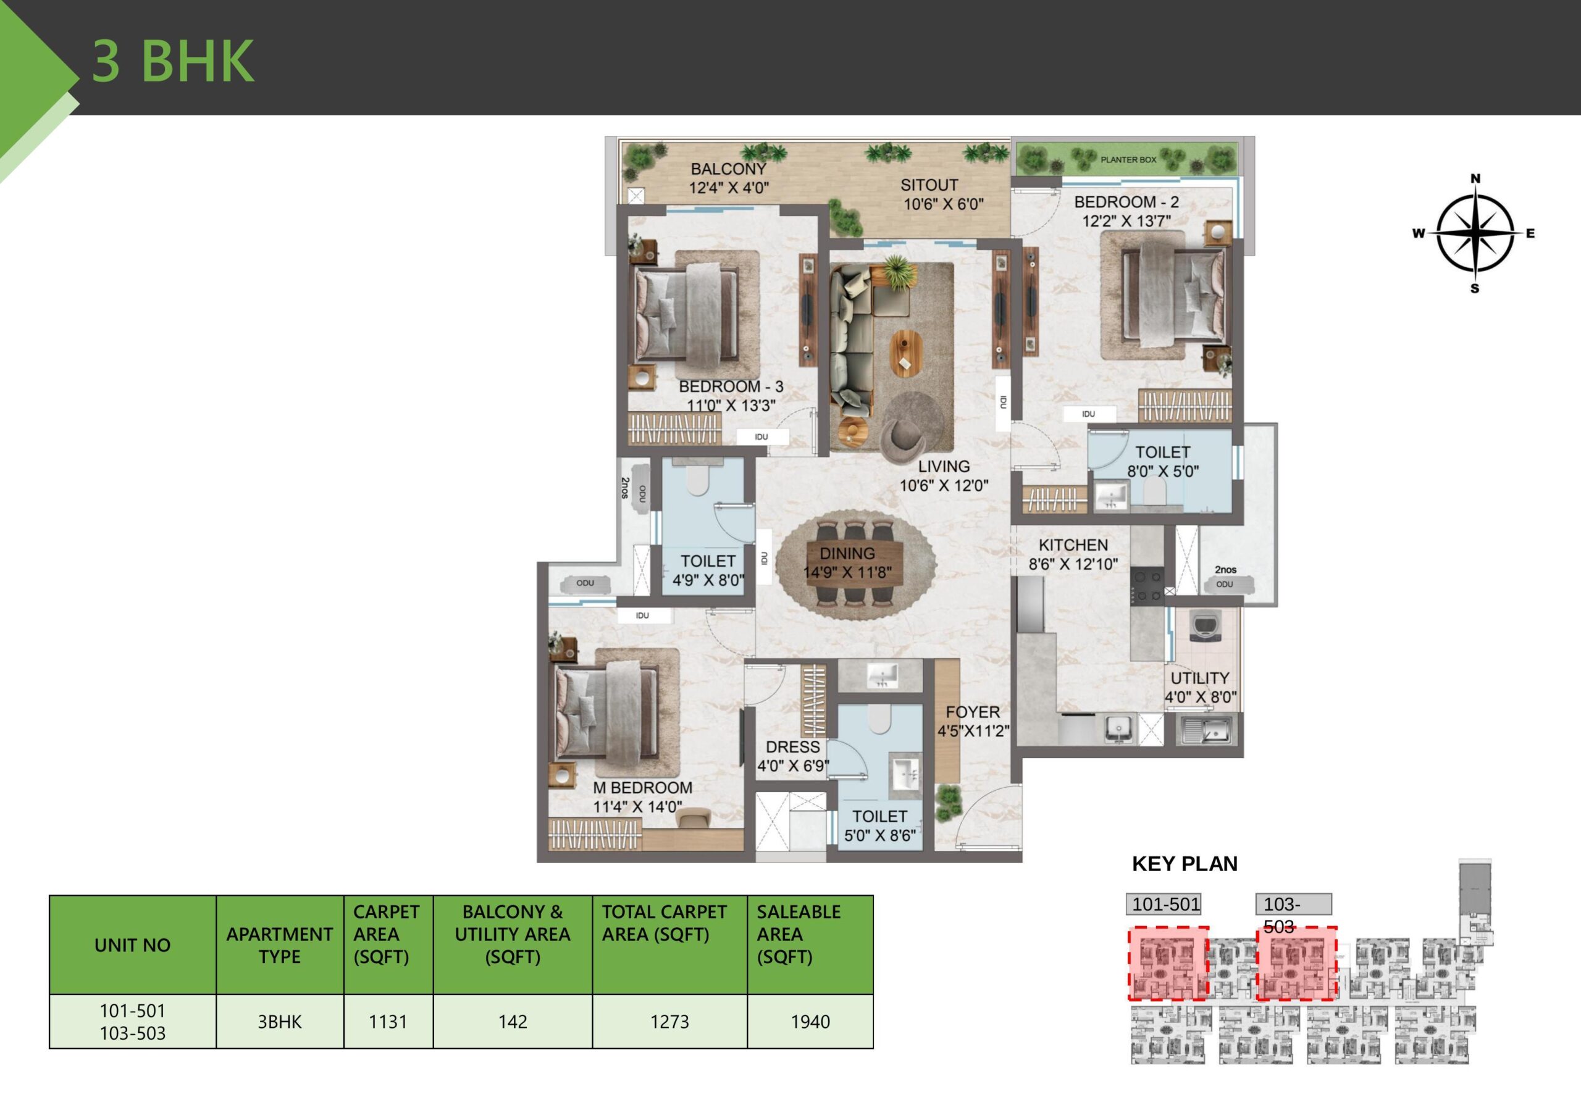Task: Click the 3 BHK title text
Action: pyautogui.click(x=174, y=62)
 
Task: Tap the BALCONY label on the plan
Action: pyautogui.click(x=729, y=169)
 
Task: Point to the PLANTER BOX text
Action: pyautogui.click(x=1128, y=160)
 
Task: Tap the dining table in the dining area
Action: pyautogui.click(x=855, y=563)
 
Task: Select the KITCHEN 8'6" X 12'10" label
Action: pyautogui.click(x=1073, y=554)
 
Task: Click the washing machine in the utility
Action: pyautogui.click(x=1206, y=626)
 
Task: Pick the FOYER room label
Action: pyautogui.click(x=972, y=712)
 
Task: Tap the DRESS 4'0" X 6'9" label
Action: pyautogui.click(x=792, y=756)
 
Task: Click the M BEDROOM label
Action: pyautogui.click(x=642, y=788)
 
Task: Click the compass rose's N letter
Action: pyautogui.click(x=1475, y=179)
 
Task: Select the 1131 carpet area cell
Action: pyautogui.click(x=388, y=1022)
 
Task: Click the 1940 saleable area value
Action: pyautogui.click(x=810, y=1022)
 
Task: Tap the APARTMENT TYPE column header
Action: pyautogui.click(x=280, y=945)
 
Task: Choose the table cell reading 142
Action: pyautogui.click(x=513, y=1022)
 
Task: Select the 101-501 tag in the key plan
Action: pyautogui.click(x=1165, y=904)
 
